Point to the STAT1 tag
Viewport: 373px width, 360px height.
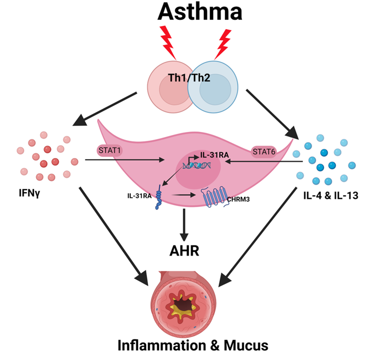[x=110, y=150]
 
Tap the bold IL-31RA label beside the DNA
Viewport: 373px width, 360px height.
[x=215, y=153]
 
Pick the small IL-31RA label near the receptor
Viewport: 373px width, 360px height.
[x=140, y=195]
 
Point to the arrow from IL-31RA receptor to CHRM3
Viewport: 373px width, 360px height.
[x=184, y=195]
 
